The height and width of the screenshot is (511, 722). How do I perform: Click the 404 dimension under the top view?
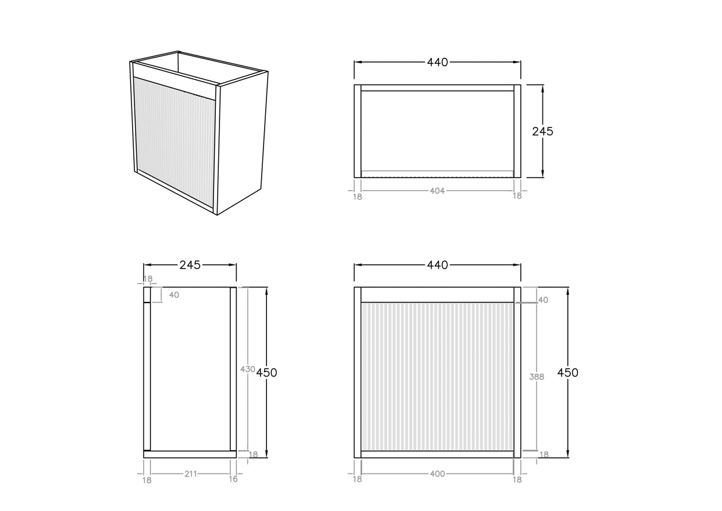[437, 191]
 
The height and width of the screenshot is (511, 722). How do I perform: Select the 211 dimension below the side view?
[190, 474]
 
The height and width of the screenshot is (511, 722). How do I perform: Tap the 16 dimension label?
[233, 479]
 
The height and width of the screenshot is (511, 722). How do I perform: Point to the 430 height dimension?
[247, 369]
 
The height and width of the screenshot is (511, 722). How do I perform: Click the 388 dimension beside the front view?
[536, 377]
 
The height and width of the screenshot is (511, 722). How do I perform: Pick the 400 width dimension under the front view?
[437, 474]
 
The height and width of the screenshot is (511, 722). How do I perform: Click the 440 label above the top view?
[437, 63]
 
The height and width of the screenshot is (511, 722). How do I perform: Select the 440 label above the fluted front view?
[437, 265]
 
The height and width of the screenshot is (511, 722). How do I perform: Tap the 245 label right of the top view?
[542, 132]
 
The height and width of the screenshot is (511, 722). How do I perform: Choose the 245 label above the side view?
[190, 265]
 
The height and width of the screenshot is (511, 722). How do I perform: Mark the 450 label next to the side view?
[266, 373]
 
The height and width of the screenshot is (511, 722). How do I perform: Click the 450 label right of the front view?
[567, 373]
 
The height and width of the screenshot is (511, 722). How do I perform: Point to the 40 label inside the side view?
[174, 295]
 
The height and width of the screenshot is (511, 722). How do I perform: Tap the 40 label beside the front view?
[543, 300]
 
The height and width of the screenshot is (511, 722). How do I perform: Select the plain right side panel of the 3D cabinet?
[241, 142]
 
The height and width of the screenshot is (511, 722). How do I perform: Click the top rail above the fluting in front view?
[437, 295]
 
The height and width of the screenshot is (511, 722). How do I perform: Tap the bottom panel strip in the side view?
[190, 454]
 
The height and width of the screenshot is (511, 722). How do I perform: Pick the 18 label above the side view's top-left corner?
[147, 279]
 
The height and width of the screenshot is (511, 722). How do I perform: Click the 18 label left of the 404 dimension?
[357, 197]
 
